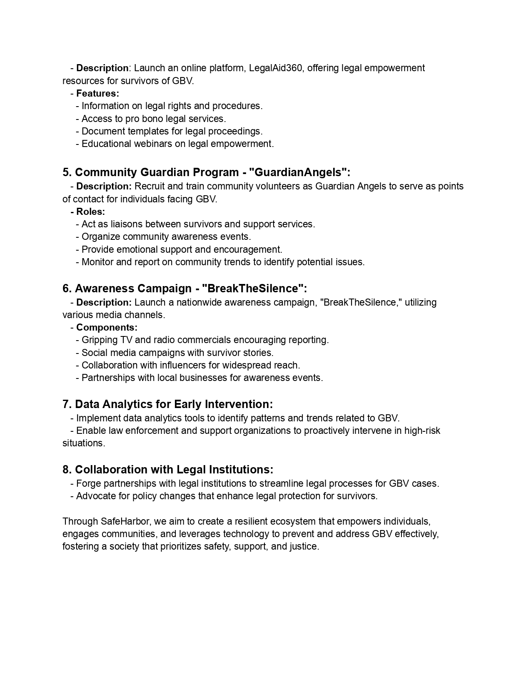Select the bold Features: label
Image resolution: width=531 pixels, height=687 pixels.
(97, 93)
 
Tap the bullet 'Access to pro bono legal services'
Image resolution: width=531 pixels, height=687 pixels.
(153, 119)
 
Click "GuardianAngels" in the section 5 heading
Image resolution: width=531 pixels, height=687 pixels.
(299, 172)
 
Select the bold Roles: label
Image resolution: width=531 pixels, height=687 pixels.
(90, 212)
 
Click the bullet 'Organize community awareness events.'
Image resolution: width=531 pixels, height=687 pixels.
(166, 237)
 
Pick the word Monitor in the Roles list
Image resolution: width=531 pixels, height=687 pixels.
(97, 262)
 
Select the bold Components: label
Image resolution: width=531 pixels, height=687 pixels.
(107, 327)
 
